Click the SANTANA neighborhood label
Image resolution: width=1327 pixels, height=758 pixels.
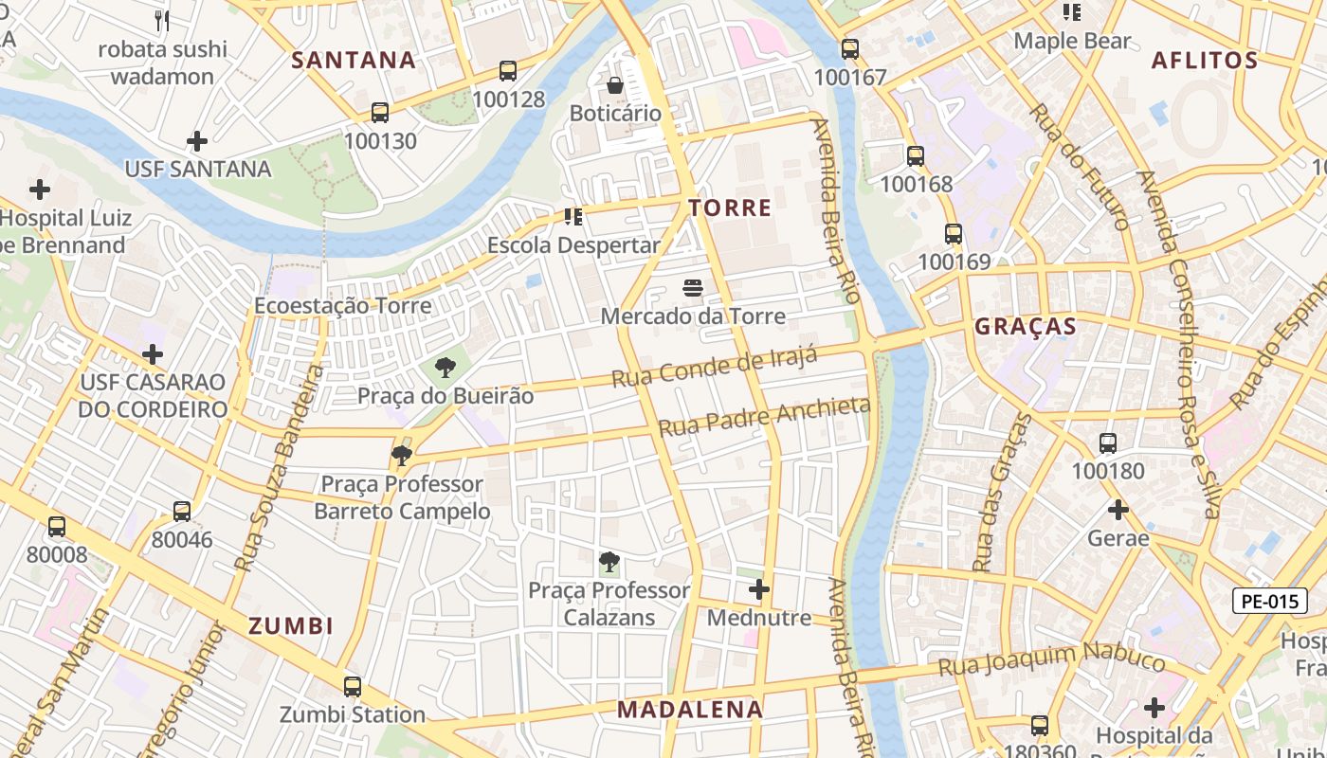click(354, 60)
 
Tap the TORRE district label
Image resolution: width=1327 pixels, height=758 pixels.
click(730, 208)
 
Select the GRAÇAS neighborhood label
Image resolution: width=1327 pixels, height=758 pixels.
click(1026, 327)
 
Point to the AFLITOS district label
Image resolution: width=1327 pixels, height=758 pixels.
click(1204, 60)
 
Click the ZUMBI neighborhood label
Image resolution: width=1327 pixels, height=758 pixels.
click(291, 625)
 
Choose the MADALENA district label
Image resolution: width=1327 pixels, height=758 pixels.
click(690, 709)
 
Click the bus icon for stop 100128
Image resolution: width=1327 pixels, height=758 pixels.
click(508, 71)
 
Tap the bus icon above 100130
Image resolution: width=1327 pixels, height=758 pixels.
click(380, 113)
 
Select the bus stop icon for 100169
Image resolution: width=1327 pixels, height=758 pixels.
click(954, 234)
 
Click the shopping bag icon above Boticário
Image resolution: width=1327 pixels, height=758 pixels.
click(615, 86)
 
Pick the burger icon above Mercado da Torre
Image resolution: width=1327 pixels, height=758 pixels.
click(693, 287)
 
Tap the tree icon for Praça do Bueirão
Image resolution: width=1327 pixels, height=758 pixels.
click(445, 368)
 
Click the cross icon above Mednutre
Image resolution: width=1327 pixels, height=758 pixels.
click(759, 590)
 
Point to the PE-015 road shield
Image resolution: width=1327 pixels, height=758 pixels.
click(1269, 601)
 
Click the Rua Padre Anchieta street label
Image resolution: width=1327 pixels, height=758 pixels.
click(764, 417)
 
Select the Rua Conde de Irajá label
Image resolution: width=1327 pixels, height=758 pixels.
click(714, 367)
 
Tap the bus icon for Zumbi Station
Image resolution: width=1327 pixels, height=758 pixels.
click(353, 687)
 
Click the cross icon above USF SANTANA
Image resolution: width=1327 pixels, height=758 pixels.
click(197, 142)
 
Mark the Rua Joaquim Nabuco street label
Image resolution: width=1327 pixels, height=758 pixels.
click(1051, 659)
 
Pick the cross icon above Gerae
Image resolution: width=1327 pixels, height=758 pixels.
click(1118, 510)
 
